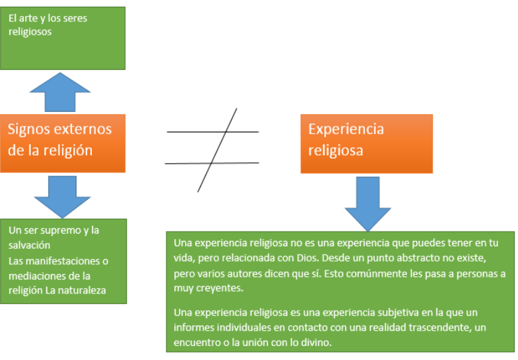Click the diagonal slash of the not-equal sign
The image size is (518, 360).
[x=217, y=150]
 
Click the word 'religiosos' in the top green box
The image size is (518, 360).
[x=30, y=31]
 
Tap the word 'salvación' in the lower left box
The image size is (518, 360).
[x=30, y=246]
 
